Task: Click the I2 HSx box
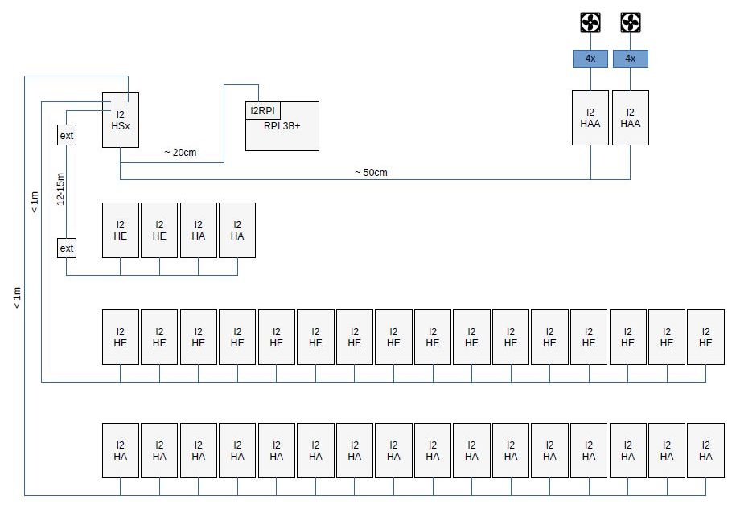(121, 120)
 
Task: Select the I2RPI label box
(263, 110)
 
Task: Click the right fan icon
(631, 23)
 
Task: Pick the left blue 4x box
(590, 59)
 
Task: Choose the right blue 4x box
(631, 59)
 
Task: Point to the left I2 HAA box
(590, 117)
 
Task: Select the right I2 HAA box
(631, 117)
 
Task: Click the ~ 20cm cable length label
(180, 153)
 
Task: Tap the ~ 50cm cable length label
(370, 172)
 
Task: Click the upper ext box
(67, 135)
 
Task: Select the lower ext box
(67, 248)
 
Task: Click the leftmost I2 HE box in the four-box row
(121, 230)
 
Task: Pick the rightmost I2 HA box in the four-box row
(237, 230)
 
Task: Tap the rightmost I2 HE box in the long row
(705, 337)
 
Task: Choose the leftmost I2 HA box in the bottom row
(121, 450)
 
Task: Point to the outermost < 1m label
(17, 297)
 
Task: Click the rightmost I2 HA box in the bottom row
(705, 450)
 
